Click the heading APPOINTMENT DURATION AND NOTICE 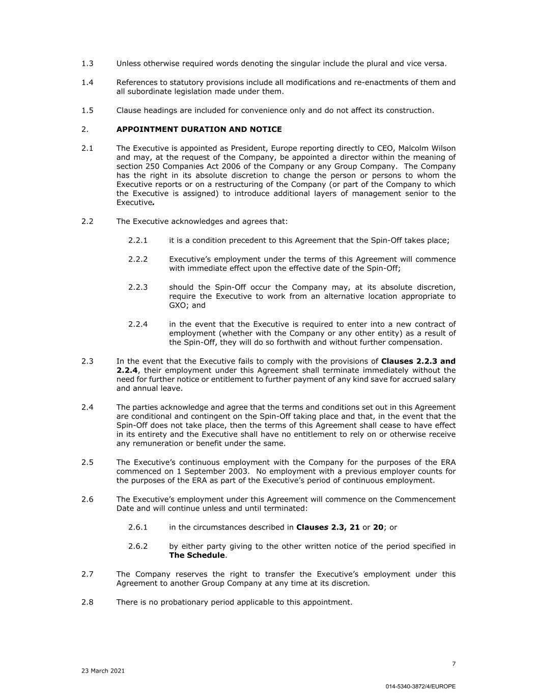click(x=199, y=129)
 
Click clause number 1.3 click(x=87, y=64)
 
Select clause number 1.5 click(x=87, y=110)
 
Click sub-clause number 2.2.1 click(x=138, y=240)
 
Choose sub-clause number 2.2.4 click(x=138, y=324)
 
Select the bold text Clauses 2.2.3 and click(x=418, y=361)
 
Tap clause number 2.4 click(x=87, y=407)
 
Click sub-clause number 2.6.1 click(x=138, y=527)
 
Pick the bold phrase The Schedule click(x=197, y=555)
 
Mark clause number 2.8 click(x=87, y=602)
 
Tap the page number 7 click(x=454, y=663)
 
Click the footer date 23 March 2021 click(x=103, y=671)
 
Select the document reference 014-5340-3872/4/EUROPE click(x=420, y=686)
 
